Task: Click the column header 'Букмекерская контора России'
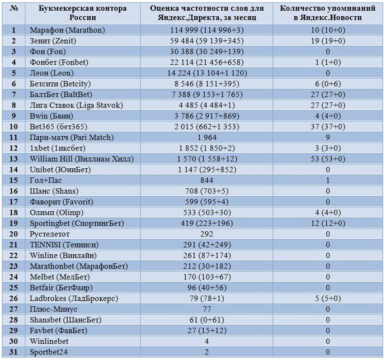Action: (x=82, y=13)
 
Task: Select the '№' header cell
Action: (x=14, y=8)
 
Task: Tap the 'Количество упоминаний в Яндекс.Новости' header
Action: (x=328, y=13)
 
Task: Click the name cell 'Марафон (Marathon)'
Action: (x=67, y=30)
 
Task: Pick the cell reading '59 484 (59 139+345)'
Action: (x=206, y=41)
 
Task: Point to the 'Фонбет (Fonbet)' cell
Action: (x=59, y=62)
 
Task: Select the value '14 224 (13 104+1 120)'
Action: (x=206, y=73)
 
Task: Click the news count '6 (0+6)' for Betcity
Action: (x=328, y=84)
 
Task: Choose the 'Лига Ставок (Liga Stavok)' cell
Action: (x=76, y=105)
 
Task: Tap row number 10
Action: (x=13, y=127)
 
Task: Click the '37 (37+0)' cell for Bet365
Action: (x=328, y=127)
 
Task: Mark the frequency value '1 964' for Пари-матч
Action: (x=206, y=138)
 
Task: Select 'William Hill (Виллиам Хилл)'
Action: (x=82, y=159)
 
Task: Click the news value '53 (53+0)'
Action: (x=328, y=159)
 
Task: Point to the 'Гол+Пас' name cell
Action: (x=46, y=181)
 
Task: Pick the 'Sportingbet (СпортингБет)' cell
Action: (x=77, y=224)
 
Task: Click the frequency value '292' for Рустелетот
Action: (x=206, y=234)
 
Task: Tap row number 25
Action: (x=13, y=288)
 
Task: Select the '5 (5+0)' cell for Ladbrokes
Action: (x=328, y=299)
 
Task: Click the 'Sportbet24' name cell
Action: (x=49, y=352)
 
